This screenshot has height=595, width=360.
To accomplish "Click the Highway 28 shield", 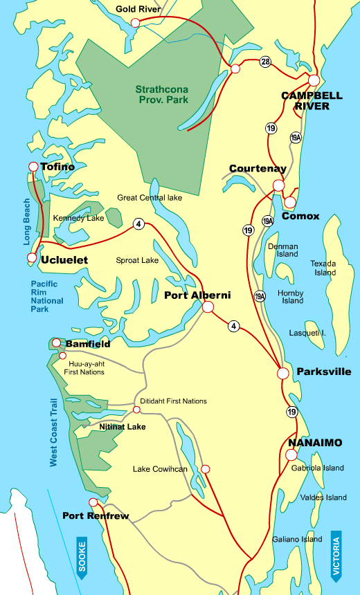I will tap(265, 62).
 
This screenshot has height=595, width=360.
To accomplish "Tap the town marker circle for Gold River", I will tap(135, 23).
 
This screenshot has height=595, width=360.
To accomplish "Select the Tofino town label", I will tap(57, 167).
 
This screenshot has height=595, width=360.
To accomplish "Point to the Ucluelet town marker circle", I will tap(31, 258).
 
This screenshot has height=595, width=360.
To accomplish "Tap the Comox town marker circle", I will tap(290, 202).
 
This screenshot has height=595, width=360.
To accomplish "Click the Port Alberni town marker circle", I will tap(207, 309).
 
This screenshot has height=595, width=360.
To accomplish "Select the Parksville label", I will tap(323, 372).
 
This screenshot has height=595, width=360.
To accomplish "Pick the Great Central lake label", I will tap(150, 197).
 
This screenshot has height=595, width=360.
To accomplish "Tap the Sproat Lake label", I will tap(137, 261).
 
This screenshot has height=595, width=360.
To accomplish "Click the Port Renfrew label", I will tap(96, 515).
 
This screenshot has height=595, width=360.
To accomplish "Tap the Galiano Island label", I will tap(296, 539).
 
